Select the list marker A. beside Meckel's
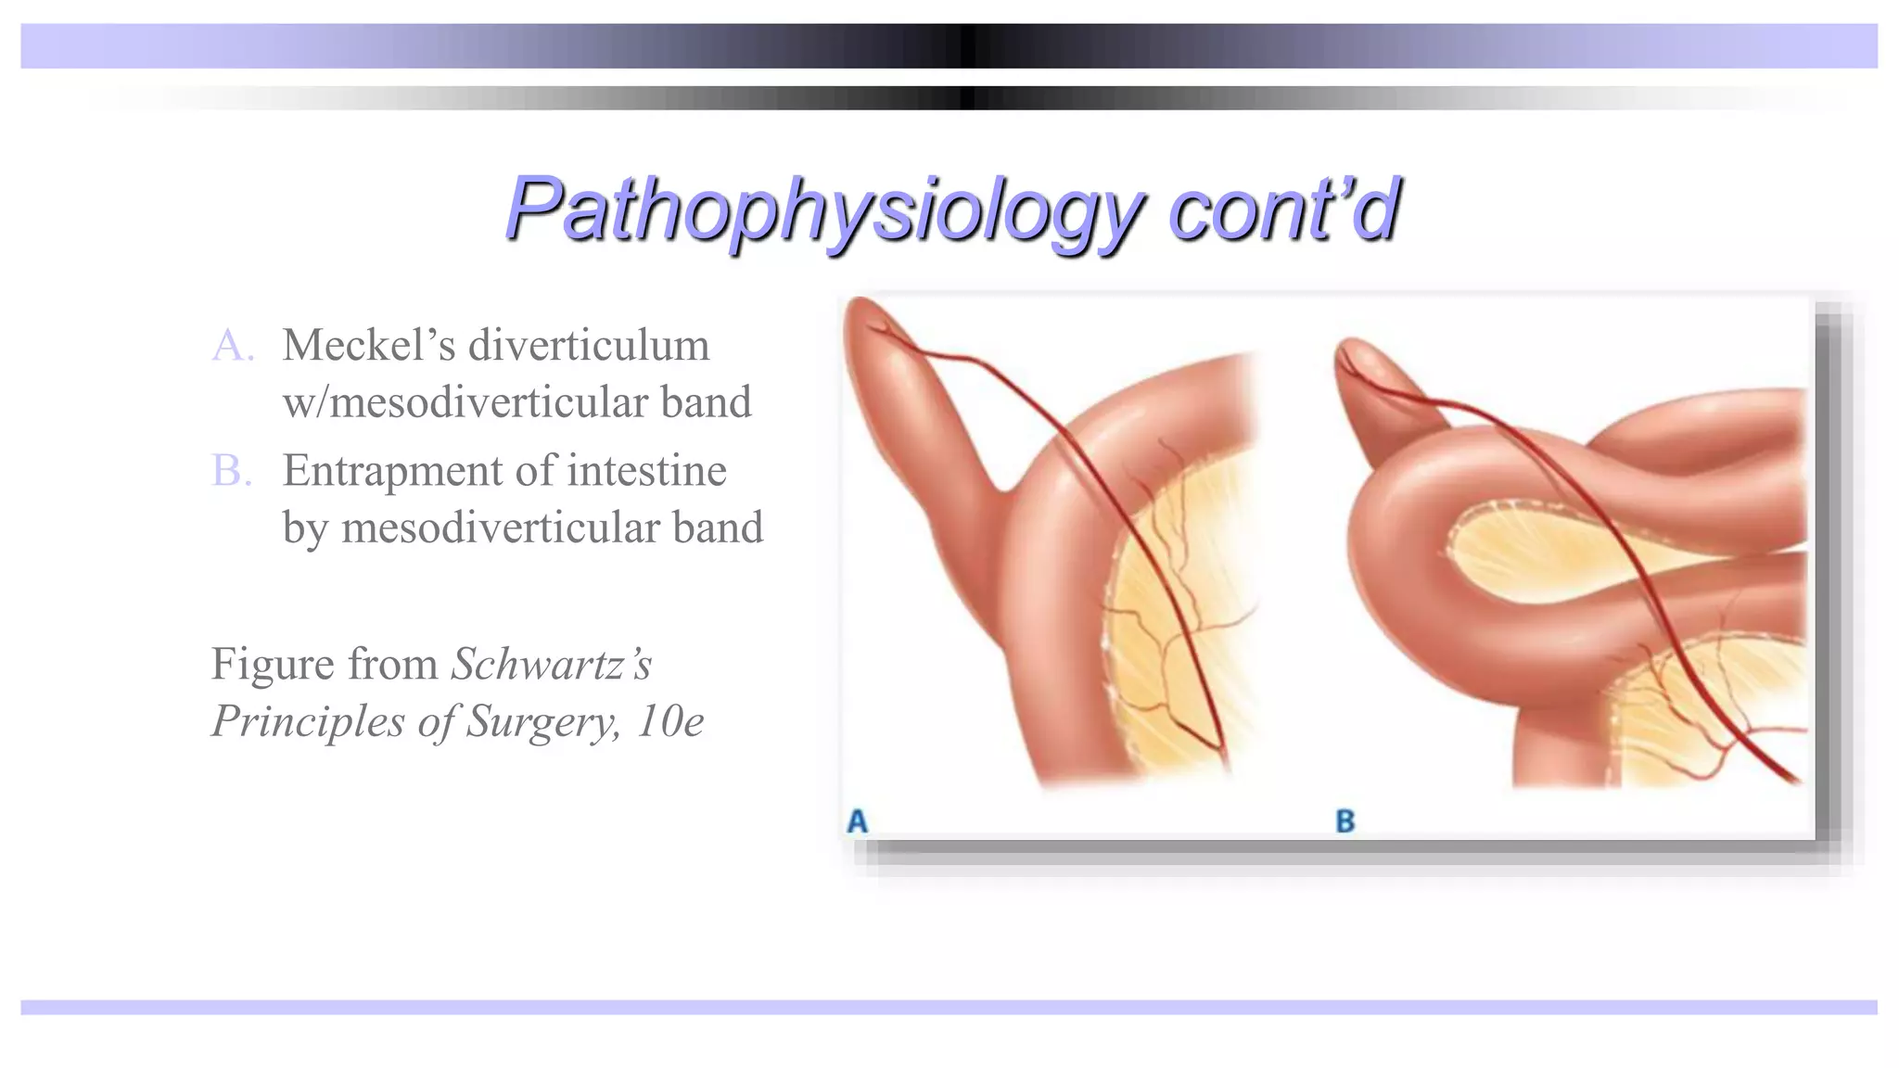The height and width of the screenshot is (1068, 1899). click(x=233, y=346)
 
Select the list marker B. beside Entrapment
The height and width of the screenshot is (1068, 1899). click(x=233, y=471)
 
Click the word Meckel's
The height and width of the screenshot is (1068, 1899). click(x=368, y=346)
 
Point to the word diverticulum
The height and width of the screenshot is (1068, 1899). click(x=589, y=346)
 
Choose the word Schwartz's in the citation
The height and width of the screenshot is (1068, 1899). click(x=552, y=665)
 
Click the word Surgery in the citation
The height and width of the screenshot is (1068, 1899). click(x=542, y=722)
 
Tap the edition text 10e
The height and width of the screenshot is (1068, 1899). click(x=669, y=722)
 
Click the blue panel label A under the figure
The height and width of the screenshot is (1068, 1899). click(x=858, y=820)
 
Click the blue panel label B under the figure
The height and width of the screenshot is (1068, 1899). click(x=1345, y=820)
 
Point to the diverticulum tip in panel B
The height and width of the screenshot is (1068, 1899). click(x=1356, y=357)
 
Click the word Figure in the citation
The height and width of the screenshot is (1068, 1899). click(x=272, y=665)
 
